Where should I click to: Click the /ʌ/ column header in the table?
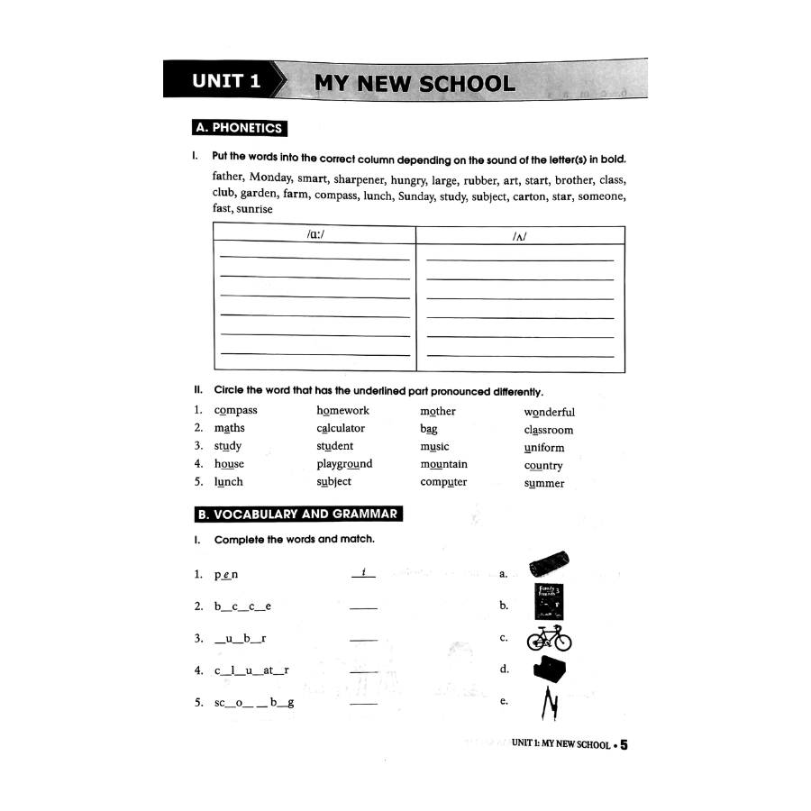point(518,235)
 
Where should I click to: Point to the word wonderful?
point(549,413)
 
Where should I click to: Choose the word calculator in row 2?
point(341,428)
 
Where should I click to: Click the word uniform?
point(543,448)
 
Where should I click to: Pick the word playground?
point(344,464)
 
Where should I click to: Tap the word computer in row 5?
point(443,482)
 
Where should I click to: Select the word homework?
point(342,411)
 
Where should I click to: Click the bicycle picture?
point(549,638)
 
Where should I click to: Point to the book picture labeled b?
point(548,602)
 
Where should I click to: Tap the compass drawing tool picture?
point(549,703)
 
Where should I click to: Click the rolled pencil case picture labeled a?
point(549,565)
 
